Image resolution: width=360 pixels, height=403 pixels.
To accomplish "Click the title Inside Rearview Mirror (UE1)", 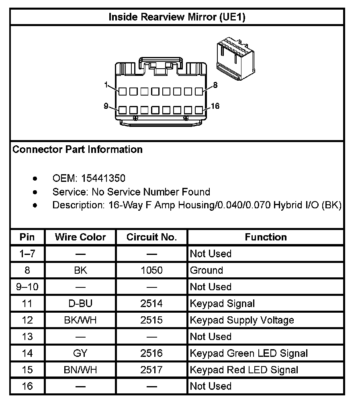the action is tap(177, 17).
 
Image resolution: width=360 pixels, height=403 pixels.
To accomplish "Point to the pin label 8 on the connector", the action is tap(215, 85).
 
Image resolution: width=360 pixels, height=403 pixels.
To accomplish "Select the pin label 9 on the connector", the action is tap(106, 106).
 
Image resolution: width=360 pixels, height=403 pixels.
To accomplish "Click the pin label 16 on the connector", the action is tap(215, 106).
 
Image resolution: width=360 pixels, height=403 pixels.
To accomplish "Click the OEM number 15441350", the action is tap(103, 178).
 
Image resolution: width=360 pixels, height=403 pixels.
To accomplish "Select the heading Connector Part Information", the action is tap(78, 150).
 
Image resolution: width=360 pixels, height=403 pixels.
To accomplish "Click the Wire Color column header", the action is tap(80, 237).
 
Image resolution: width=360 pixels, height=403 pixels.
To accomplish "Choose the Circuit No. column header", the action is tap(151, 237).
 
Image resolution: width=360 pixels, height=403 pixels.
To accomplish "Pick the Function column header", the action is tap(266, 237).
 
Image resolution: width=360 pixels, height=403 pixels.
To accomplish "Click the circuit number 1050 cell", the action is tap(151, 271).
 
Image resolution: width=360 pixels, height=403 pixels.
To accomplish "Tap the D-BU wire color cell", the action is tap(80, 303).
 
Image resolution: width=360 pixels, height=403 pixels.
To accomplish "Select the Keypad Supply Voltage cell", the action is tap(242, 320).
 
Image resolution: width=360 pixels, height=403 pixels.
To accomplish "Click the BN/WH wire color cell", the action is tap(80, 370).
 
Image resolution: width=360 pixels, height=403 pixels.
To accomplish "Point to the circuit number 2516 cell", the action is tap(151, 353).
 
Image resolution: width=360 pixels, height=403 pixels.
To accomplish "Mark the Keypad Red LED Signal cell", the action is tap(244, 370).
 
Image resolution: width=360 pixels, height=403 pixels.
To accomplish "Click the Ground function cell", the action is tap(207, 271).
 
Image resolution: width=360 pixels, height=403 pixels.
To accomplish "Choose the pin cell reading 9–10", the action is tap(27, 287).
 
